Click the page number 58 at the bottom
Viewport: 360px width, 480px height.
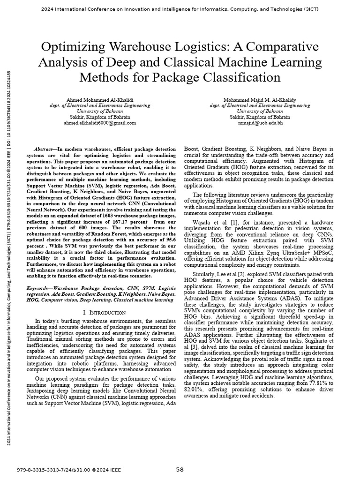180,469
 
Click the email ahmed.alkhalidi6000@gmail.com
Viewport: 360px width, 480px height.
99,123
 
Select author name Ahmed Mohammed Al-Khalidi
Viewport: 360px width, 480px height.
99,100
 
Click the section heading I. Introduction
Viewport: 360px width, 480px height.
104,312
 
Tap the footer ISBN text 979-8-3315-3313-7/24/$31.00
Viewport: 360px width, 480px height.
56,469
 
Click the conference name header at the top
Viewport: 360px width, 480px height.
180,9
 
